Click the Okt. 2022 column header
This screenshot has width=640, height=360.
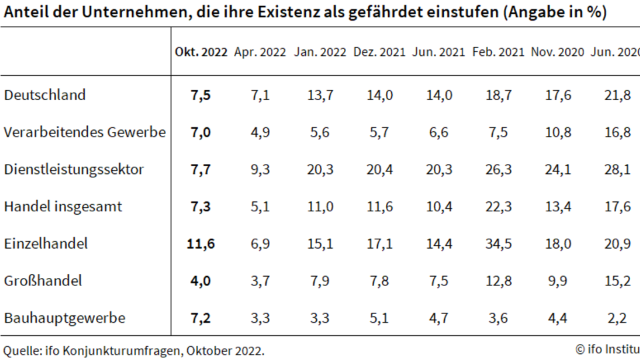(x=201, y=52)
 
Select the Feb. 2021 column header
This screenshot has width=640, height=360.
(x=498, y=52)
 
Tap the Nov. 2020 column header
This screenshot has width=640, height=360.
(x=557, y=52)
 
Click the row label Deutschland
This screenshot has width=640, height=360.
(x=45, y=95)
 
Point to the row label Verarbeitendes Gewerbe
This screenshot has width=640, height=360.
(x=85, y=132)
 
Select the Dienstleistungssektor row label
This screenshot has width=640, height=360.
(x=74, y=169)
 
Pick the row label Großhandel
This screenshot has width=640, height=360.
(x=43, y=281)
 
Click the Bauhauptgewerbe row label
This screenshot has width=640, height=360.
(x=65, y=318)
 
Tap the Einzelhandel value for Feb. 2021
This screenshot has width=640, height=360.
(x=499, y=244)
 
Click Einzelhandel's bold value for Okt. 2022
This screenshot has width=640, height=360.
(x=201, y=244)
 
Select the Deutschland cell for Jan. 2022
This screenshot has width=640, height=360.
(x=320, y=95)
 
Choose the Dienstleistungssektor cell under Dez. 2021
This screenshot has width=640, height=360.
(x=379, y=169)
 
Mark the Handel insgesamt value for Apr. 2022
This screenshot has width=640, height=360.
(x=260, y=207)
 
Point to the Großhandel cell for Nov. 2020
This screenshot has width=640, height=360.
(x=557, y=281)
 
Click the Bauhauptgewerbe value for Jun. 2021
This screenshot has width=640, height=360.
(x=439, y=318)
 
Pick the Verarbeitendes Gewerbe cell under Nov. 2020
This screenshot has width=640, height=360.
(x=558, y=132)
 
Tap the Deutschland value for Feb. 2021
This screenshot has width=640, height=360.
(x=499, y=95)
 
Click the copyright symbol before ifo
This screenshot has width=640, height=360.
(x=580, y=349)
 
